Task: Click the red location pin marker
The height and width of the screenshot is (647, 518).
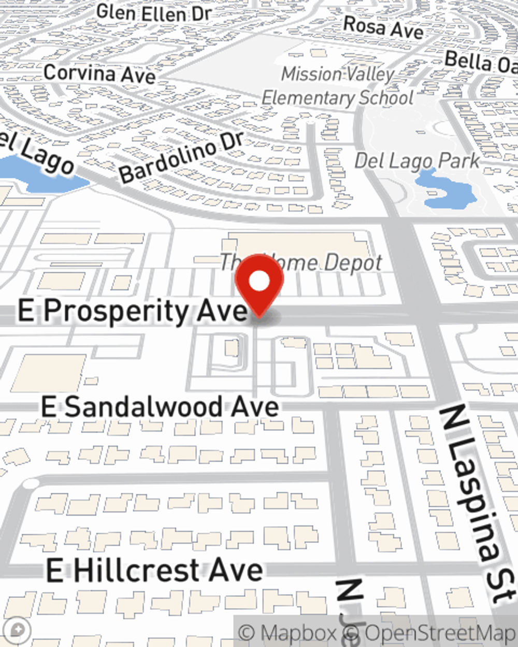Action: (259, 287)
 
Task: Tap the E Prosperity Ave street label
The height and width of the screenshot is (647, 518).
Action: (132, 312)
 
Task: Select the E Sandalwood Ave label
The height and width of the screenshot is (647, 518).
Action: (160, 407)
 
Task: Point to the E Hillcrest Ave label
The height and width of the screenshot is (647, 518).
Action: (154, 570)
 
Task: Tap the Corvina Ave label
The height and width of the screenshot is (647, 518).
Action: (99, 73)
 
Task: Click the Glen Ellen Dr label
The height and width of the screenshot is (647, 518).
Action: (154, 12)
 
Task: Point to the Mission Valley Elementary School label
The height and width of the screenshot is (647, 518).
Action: (338, 86)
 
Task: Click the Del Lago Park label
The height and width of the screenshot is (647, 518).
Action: (417, 161)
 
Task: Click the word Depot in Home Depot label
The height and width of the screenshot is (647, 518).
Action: (352, 263)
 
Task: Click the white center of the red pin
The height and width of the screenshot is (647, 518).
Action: (259, 282)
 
